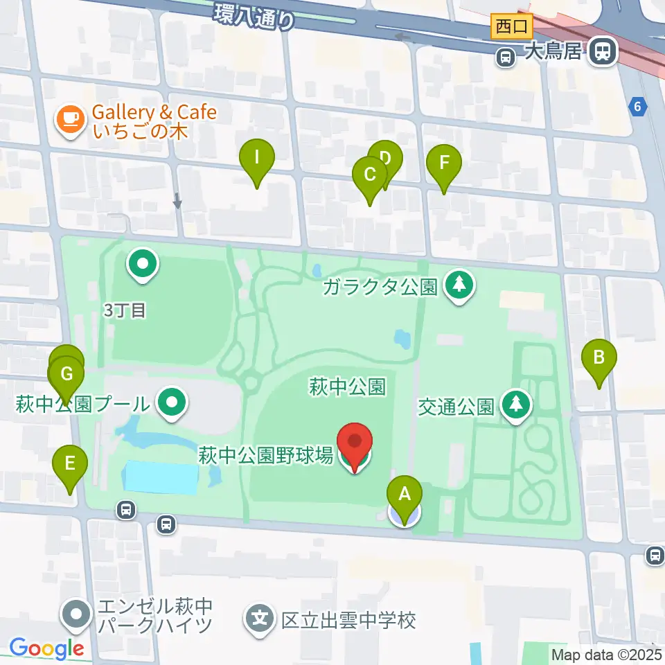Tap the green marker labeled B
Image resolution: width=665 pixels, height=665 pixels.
(599, 359)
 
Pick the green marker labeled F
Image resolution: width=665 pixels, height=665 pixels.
(444, 164)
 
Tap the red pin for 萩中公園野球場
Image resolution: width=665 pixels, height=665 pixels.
(355, 443)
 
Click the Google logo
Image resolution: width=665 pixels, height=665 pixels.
(46, 649)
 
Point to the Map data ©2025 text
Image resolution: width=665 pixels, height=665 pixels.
(606, 654)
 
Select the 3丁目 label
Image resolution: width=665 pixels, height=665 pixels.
(125, 310)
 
